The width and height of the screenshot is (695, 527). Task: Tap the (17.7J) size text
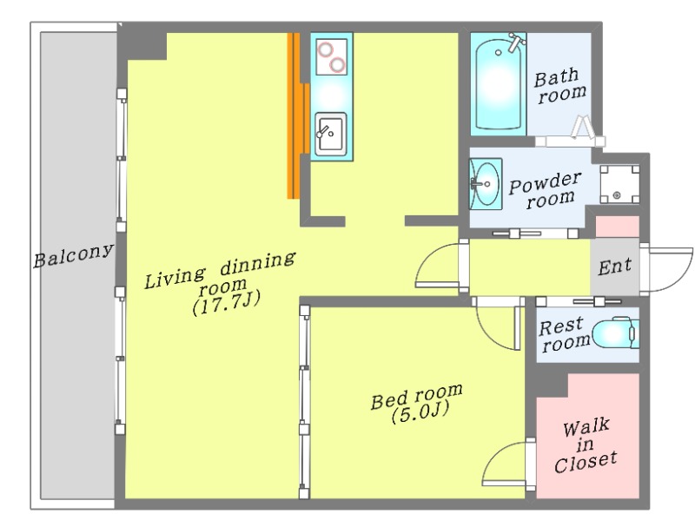(x=226, y=302)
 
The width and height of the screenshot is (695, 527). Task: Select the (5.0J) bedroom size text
(x=420, y=412)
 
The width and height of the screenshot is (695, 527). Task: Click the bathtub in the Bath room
(x=498, y=84)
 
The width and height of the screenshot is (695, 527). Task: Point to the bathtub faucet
(x=517, y=42)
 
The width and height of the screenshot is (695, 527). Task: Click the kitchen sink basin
(x=331, y=135)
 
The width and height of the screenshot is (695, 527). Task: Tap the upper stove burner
(x=324, y=49)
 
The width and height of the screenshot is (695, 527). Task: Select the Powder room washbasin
(x=486, y=183)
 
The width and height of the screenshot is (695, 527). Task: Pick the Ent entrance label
(x=614, y=267)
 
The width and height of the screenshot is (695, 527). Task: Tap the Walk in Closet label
(x=586, y=445)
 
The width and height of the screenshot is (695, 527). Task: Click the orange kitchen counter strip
(x=296, y=116)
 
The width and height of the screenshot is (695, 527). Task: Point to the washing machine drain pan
(x=619, y=184)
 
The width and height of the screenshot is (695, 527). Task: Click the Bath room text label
(x=559, y=87)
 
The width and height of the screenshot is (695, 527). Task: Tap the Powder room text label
(x=545, y=190)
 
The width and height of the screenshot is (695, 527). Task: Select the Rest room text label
(x=564, y=335)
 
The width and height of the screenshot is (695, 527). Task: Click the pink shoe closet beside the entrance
(x=617, y=227)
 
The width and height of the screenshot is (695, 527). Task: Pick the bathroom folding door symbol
(x=581, y=127)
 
